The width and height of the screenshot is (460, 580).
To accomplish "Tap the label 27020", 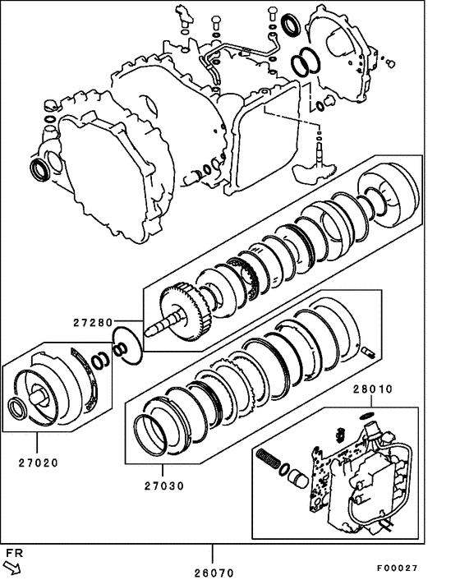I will pos(38,463).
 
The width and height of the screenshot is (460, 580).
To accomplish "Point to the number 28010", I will pos(374,388).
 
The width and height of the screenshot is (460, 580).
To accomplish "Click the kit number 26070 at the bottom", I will pos(214,572).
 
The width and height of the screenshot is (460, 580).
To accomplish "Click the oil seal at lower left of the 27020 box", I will pos(16,407).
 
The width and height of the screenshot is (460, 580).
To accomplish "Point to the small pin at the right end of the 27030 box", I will pos(367,352).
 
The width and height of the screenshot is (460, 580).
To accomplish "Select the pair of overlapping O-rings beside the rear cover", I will pos(306,60).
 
